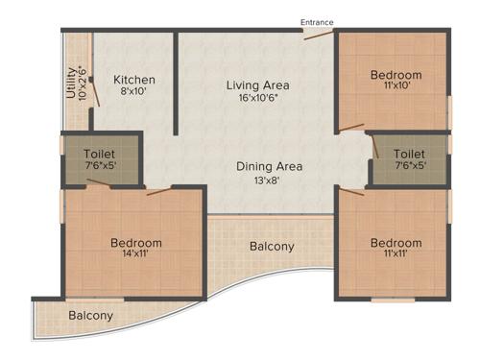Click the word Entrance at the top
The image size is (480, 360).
(x=319, y=22)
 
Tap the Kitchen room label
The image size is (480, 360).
(x=134, y=80)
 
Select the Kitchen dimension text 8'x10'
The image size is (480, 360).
(x=134, y=93)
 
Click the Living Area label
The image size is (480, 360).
(x=257, y=85)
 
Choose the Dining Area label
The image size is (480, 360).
(x=270, y=166)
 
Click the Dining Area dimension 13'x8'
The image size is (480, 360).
(x=270, y=180)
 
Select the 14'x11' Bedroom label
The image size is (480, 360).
(x=135, y=243)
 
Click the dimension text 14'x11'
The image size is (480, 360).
(x=135, y=255)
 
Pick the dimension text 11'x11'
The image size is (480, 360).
(x=396, y=256)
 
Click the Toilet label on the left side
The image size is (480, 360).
(x=101, y=154)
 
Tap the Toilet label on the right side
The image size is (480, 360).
(x=409, y=154)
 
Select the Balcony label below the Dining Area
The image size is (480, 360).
(x=272, y=247)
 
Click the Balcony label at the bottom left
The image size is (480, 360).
(x=90, y=315)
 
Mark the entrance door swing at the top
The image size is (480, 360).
(x=318, y=36)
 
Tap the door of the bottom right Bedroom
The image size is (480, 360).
(x=351, y=191)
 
